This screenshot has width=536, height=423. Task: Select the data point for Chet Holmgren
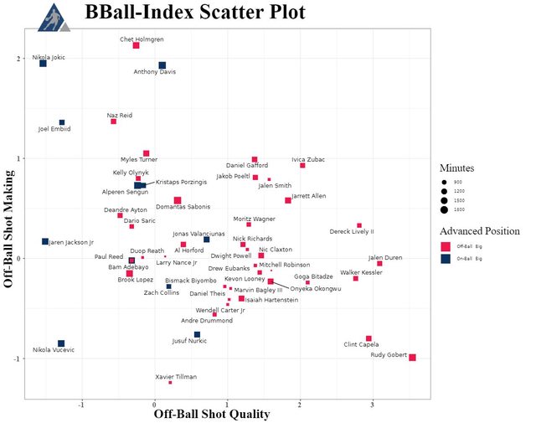pyautogui.click(x=136, y=45)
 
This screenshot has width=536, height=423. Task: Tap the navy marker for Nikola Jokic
pyautogui.click(x=43, y=64)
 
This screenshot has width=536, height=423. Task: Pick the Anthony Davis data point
pyautogui.click(x=162, y=65)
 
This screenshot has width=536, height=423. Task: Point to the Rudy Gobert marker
pyautogui.click(x=412, y=358)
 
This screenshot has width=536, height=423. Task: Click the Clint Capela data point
pyautogui.click(x=368, y=338)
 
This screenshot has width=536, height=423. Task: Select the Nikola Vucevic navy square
pyautogui.click(x=61, y=343)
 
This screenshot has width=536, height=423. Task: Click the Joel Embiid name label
pyautogui.click(x=55, y=129)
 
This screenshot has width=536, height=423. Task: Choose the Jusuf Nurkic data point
pyautogui.click(x=197, y=334)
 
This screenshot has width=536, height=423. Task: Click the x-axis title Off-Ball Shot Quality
pyautogui.click(x=212, y=414)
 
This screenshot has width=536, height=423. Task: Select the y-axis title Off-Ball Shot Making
pyautogui.click(x=10, y=228)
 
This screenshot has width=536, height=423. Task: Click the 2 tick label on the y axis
pyautogui.click(x=18, y=59)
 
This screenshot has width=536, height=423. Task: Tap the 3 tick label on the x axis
pyautogui.click(x=417, y=404)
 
